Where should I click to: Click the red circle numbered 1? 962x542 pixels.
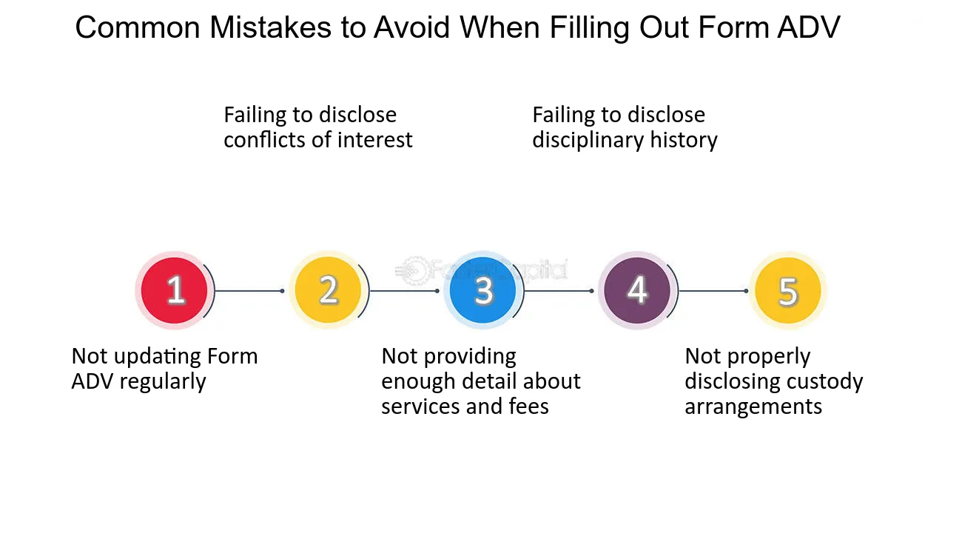[x=174, y=290]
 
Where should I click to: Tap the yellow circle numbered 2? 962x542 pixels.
[x=328, y=290]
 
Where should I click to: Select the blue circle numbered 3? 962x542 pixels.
[x=482, y=290]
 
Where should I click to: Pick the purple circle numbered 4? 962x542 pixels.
[x=637, y=290]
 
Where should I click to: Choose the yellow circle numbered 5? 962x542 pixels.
[x=788, y=290]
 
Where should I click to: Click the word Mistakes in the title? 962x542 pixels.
[x=271, y=28]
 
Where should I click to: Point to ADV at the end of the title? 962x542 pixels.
[x=808, y=28]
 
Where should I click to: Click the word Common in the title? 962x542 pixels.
[x=138, y=28]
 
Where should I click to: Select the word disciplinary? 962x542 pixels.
[x=588, y=141]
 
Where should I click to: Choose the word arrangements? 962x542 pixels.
[x=753, y=407]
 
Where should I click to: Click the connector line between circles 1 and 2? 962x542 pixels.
[x=249, y=291]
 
